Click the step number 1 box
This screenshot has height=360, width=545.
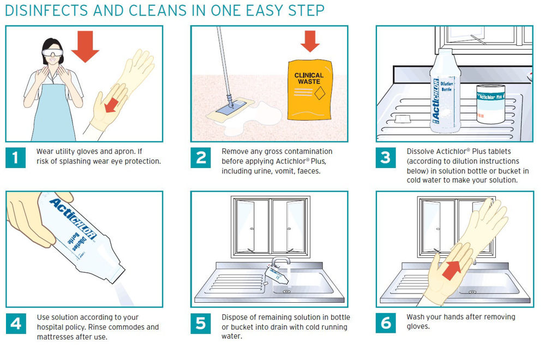coord(16,158)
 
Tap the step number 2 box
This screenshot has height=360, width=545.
coord(201,158)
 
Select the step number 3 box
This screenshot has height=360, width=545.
coord(386,158)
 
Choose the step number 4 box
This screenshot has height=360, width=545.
coord(16,323)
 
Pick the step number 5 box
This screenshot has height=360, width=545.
coord(201,323)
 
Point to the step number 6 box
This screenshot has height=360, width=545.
coord(386,323)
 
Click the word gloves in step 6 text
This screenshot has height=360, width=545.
coord(417,327)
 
